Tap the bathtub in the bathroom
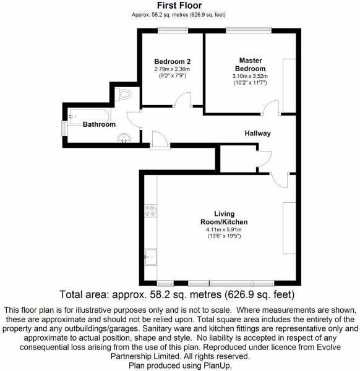tap(89, 116)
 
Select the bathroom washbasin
tap(124, 138)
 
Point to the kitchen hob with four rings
tap(150, 211)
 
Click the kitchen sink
tap(150, 257)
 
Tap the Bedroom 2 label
tap(173, 61)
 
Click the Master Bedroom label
tap(250, 64)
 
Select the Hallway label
tap(257, 134)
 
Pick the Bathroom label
tap(99, 124)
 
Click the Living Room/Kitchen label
tap(224, 218)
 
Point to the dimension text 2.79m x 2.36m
tap(173, 69)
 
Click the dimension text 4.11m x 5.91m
tap(224, 229)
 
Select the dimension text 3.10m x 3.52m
tap(250, 77)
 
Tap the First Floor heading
tap(179, 5)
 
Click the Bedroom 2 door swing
tap(183, 100)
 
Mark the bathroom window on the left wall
tap(64, 129)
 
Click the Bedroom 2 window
tap(173, 30)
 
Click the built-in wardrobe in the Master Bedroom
tap(289, 85)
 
